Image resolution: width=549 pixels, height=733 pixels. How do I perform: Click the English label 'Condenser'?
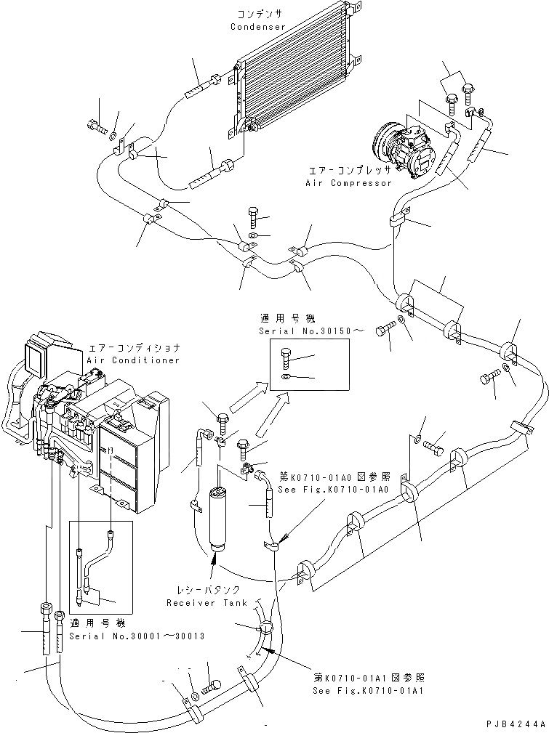258,27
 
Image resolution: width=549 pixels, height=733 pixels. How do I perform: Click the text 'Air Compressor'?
349,184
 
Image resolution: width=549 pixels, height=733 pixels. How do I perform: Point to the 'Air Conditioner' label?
133,360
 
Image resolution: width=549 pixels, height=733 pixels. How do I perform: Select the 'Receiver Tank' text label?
207,603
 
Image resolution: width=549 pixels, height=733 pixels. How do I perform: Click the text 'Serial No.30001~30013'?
137,636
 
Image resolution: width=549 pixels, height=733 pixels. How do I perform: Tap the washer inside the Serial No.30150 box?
286,377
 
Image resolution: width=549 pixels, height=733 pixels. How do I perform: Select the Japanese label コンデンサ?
257,15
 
